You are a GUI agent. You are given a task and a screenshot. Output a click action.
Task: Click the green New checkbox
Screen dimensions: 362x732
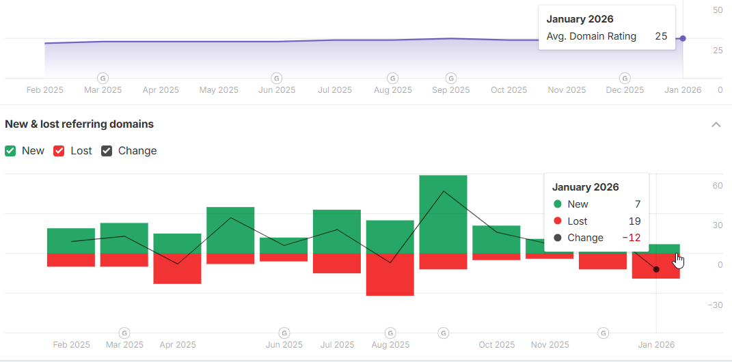coord(10,151)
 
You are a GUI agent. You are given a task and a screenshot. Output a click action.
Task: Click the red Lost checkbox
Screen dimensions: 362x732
coord(59,151)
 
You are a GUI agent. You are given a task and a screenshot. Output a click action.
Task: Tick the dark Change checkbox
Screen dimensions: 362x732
coord(107,151)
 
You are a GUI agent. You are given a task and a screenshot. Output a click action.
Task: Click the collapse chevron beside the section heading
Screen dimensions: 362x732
coord(716,124)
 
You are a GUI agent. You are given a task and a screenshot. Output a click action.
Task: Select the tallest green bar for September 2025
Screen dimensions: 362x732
coord(443,214)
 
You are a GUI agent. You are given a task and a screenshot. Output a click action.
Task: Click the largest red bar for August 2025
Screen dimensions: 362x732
coord(390,275)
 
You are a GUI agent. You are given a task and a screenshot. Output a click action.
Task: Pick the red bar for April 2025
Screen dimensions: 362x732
coord(177,268)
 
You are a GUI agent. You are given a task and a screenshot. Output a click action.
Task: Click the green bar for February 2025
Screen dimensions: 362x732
coord(71,240)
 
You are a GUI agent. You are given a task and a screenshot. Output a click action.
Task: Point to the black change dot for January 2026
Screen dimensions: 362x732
coord(656,269)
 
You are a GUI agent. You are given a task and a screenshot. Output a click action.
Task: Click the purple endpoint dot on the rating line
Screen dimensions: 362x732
coord(683,38)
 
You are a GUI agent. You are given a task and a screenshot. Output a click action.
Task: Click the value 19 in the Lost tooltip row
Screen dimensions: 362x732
coord(634,221)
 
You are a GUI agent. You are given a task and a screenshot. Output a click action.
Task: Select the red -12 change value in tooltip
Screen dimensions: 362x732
coord(631,238)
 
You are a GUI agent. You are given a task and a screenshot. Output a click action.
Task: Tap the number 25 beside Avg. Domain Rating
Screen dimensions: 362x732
coord(661,36)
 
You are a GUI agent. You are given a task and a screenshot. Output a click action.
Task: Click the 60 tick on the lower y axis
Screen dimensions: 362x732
coord(718,186)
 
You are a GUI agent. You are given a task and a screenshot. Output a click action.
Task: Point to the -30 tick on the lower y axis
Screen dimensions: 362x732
coord(715,305)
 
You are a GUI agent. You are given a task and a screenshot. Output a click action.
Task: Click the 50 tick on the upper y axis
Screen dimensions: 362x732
coord(718,10)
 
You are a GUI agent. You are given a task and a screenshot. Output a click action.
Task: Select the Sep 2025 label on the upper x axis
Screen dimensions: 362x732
coord(450,89)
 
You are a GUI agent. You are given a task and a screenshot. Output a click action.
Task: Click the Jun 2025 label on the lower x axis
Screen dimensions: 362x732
coord(284,345)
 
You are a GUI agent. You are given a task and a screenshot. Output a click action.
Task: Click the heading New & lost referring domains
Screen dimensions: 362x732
coord(79,124)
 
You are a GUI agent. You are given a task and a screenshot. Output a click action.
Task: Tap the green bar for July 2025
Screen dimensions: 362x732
coord(336,232)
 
